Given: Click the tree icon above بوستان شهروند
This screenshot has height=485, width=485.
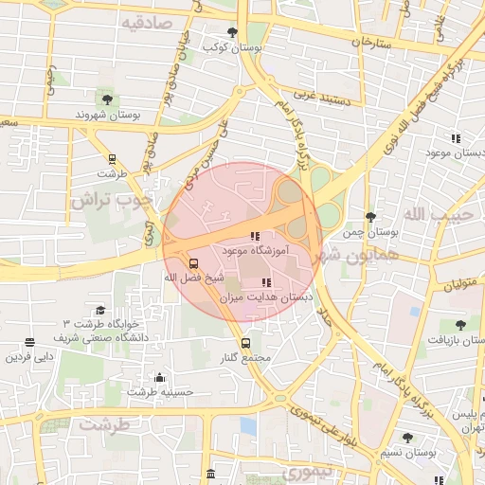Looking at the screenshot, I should pos(105,98).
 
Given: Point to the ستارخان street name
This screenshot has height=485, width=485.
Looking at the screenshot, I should pos(371,42).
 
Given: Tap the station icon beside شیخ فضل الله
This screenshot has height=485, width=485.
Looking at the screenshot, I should pos(193,263).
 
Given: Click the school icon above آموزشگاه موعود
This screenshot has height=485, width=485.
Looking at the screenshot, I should pos(253,236).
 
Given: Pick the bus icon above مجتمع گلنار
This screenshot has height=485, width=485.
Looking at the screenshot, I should pos(246,343).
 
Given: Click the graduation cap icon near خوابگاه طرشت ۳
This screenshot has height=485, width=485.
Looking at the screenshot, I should pos(100,311).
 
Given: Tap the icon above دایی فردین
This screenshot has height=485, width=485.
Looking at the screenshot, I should pos(29,342).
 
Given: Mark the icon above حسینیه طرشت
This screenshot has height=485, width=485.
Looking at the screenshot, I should pos(159,376).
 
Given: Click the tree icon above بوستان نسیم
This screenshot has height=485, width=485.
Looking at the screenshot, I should pos(407,438).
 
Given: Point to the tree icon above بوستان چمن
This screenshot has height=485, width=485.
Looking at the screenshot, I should pos(369,217).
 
